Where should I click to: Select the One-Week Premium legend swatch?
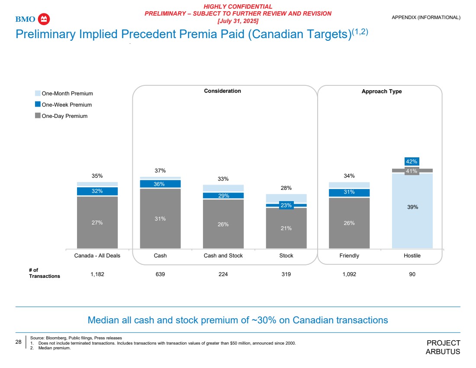click(38, 104)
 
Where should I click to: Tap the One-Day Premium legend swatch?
click(38, 116)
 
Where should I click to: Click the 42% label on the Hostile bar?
click(412, 162)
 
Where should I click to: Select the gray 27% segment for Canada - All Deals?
click(97, 222)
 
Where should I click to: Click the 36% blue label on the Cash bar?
click(160, 184)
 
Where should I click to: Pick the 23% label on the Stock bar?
click(286, 205)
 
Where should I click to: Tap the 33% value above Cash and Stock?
click(223, 179)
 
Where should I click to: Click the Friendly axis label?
click(349, 256)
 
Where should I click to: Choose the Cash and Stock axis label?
click(223, 256)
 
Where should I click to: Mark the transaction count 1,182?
click(97, 274)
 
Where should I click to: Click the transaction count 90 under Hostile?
click(412, 274)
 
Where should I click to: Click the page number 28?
click(19, 342)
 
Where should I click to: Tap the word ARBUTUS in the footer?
click(443, 352)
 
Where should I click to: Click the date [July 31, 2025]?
click(238, 21)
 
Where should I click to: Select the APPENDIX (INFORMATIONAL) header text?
click(426, 17)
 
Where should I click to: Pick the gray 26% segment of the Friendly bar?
click(349, 223)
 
